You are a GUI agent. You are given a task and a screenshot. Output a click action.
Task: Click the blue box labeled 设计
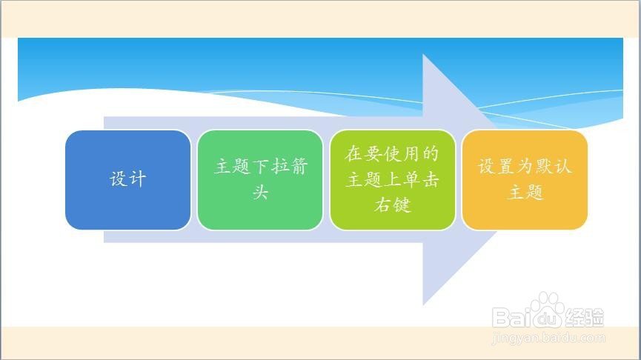coord(127,180)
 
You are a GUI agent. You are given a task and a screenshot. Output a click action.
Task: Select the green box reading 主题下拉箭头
coord(259,180)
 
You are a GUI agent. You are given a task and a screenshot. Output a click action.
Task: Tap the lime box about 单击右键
coord(392,180)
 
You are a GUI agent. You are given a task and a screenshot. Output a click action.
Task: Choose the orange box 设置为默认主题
coord(525,180)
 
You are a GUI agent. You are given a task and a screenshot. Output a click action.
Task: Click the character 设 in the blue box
coord(119,180)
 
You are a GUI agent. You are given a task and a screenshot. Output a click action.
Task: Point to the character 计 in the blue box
coord(137,180)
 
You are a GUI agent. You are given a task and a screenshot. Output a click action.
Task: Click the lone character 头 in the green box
coord(259,193)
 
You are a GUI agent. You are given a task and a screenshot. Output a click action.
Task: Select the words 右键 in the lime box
coord(392,205)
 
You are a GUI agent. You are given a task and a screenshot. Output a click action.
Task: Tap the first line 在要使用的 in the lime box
coord(392,154)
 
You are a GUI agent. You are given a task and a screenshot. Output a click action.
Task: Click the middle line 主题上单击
coord(392,180)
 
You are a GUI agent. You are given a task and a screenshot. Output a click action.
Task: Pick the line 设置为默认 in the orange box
coord(525,167)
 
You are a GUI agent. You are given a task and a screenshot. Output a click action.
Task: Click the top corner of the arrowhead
coord(423,55)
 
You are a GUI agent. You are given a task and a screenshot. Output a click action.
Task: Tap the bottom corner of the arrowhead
coord(423,304)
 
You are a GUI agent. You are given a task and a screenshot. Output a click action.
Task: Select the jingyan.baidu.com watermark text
coord(548,339)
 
